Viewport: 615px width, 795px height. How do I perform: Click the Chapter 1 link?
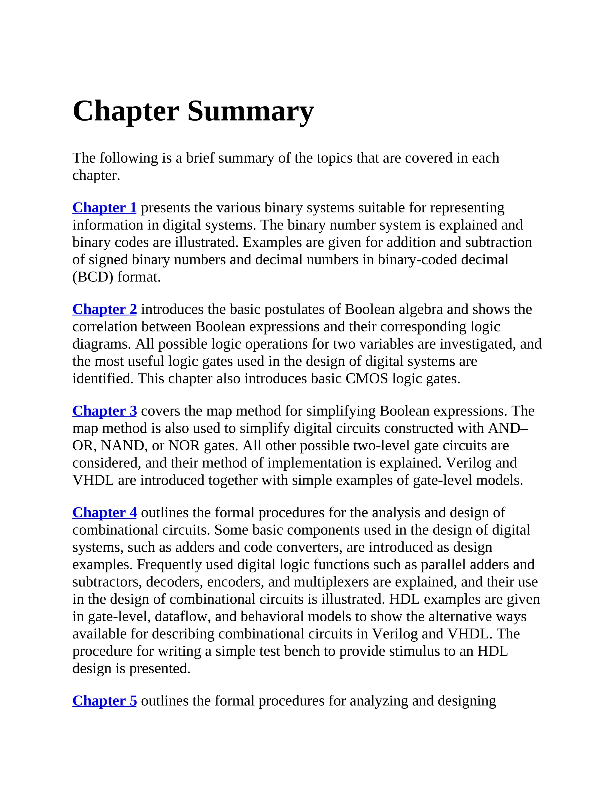[x=104, y=208]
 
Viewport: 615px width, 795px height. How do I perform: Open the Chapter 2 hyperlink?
[x=105, y=309]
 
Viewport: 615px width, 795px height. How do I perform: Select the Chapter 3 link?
[x=105, y=411]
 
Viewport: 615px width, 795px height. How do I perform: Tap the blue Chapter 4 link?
[x=105, y=512]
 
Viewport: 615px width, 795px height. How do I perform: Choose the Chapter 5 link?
[x=105, y=700]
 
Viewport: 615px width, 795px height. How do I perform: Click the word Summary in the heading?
[x=250, y=111]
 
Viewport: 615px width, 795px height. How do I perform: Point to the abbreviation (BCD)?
[x=92, y=277]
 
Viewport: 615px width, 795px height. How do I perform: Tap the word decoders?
[x=174, y=582]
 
